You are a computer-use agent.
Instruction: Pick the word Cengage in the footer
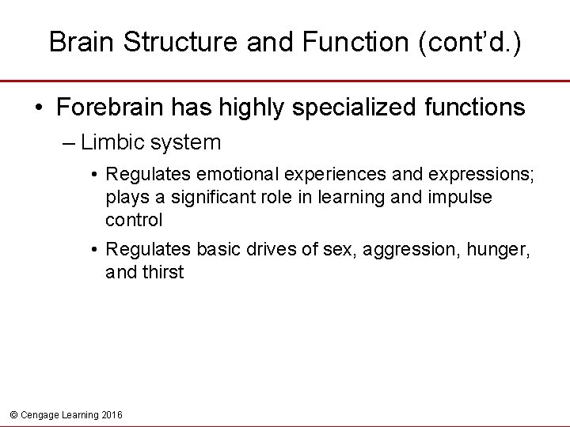36,414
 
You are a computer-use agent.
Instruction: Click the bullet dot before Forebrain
38,108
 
